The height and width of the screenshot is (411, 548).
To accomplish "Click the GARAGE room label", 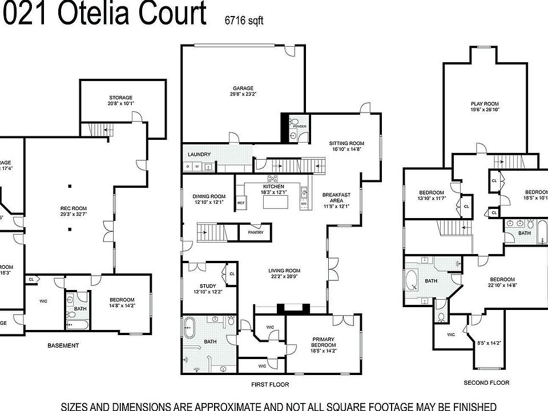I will coord(243,88).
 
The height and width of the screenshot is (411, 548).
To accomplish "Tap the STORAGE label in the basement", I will coord(120,98).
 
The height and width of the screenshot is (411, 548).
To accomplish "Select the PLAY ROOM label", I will coord(485,104).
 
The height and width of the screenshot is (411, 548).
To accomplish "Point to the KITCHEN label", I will coord(273,187).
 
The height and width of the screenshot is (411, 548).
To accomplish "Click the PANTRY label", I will coord(255,232).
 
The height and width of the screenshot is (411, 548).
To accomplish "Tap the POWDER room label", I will coord(300,126).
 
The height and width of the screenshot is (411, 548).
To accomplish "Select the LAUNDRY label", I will coord(199,154).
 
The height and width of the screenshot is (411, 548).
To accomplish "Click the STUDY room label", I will coord(207,286).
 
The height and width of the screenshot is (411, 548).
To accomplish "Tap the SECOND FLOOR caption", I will coord(486,382).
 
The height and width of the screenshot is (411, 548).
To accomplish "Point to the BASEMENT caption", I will coord(63,345).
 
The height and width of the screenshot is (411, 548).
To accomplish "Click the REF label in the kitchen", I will coord(241,203).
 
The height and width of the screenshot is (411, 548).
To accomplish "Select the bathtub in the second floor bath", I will coord(412,281).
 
